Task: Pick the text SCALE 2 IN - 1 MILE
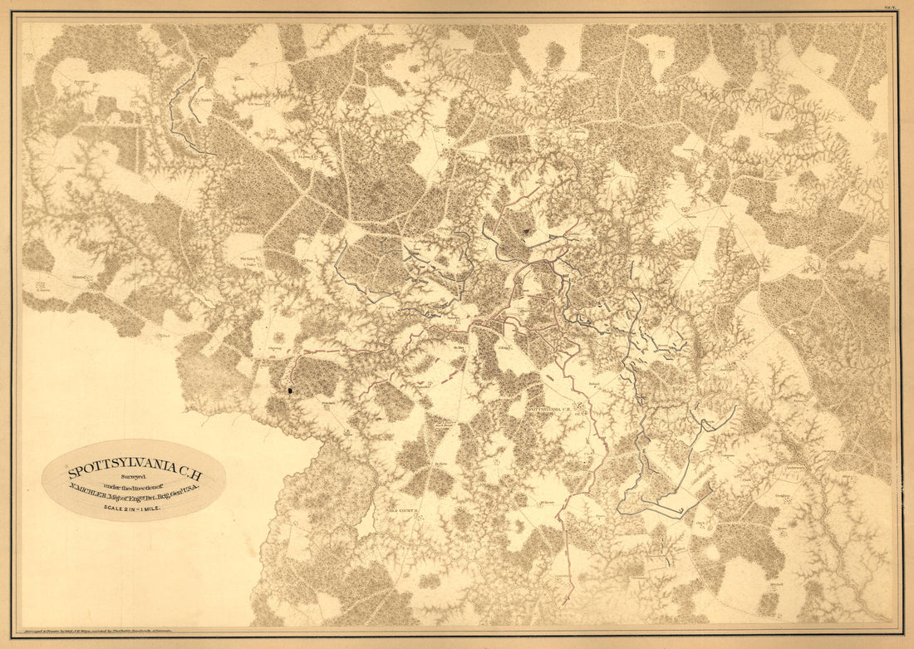click(133, 507)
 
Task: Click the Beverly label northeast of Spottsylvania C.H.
click(592, 386)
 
